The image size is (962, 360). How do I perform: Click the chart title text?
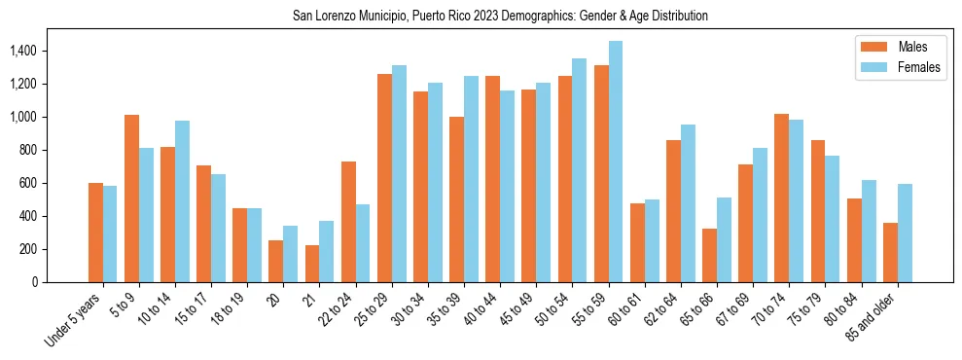(500, 17)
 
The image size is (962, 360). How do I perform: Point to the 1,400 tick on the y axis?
(23, 51)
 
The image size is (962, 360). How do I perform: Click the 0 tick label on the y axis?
(35, 282)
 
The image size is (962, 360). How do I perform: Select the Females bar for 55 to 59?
(616, 162)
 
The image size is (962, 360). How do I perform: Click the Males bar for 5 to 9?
(131, 198)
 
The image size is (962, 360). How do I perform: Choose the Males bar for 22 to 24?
(348, 222)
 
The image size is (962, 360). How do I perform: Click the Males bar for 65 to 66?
(709, 255)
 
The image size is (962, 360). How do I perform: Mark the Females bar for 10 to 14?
(182, 201)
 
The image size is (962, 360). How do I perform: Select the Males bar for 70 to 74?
(782, 198)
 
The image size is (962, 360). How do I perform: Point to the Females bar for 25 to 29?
(399, 173)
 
